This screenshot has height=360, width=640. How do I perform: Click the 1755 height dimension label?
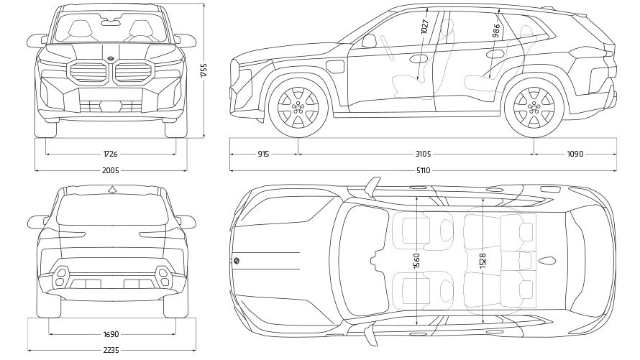point(204,70)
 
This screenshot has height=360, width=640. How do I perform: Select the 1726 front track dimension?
point(110,154)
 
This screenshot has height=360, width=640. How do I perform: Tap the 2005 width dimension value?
point(110,170)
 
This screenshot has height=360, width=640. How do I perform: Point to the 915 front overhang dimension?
point(262,154)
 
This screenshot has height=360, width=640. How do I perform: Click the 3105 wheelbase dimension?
point(423,154)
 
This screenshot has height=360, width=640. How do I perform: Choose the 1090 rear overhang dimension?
point(575,154)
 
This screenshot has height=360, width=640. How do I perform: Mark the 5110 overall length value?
point(423,170)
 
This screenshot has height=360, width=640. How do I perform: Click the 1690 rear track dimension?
point(111,334)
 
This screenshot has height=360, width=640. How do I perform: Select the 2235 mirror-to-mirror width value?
point(111,350)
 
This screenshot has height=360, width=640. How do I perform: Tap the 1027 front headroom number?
point(424,26)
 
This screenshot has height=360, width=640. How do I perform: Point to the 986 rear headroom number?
point(496,30)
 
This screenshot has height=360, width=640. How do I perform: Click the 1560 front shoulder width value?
point(417,260)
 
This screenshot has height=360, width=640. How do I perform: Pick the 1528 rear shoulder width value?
point(483,260)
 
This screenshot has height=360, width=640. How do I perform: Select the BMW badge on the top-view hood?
point(237,261)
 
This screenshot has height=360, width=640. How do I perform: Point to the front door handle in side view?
point(419,58)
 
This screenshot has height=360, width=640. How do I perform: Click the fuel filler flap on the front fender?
point(335,67)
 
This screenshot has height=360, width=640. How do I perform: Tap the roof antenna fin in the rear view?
point(111,189)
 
